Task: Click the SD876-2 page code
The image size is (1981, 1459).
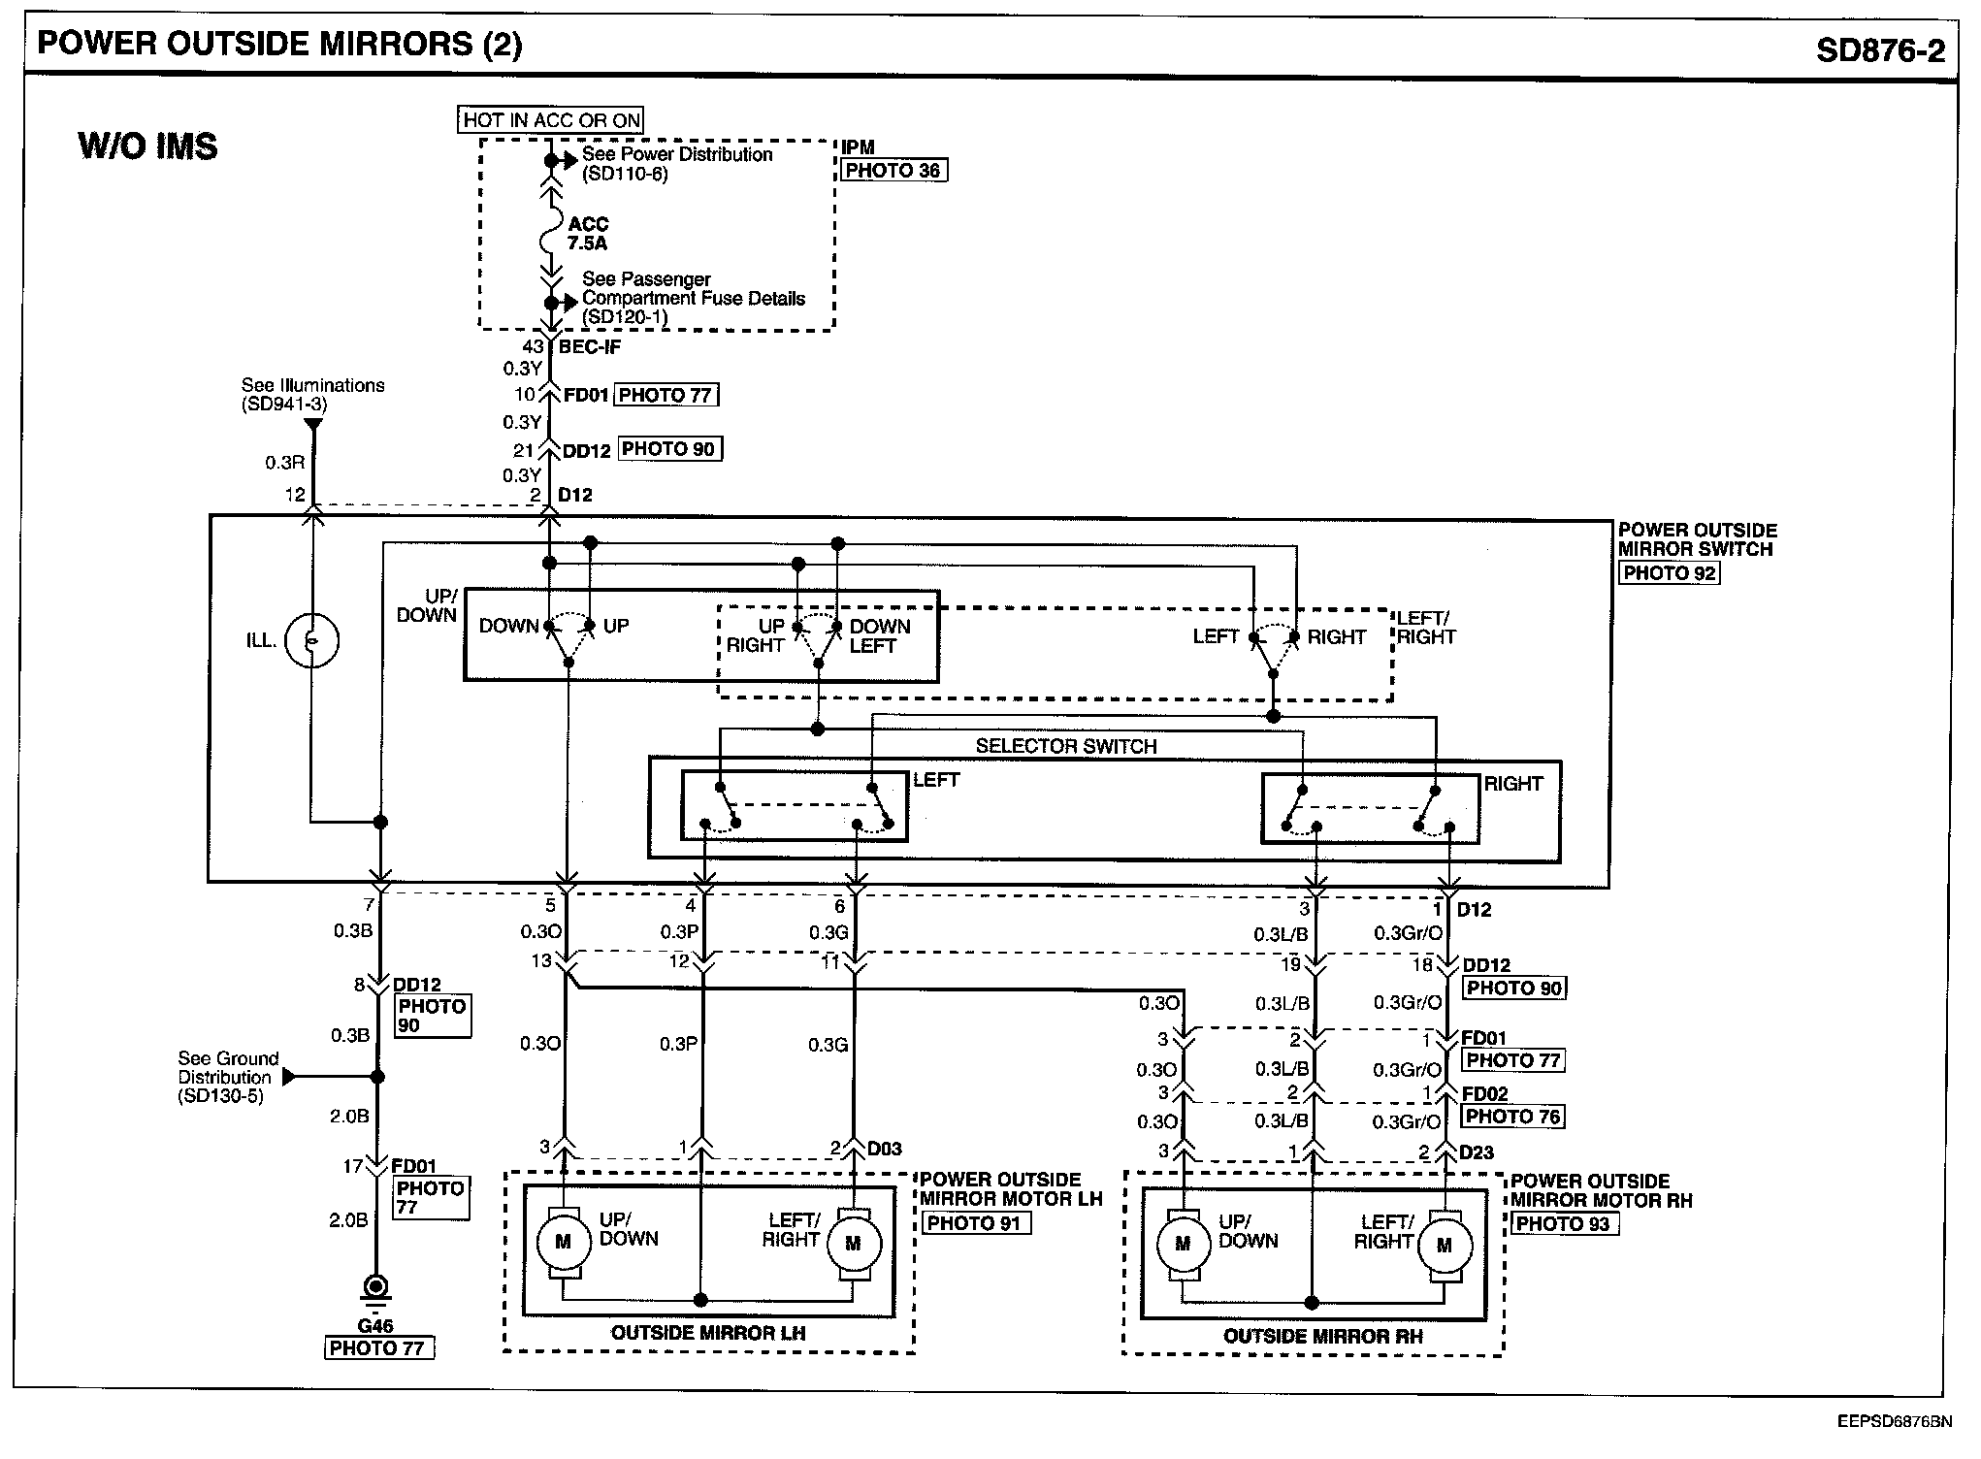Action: (1880, 49)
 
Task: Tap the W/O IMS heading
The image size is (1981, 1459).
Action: (147, 146)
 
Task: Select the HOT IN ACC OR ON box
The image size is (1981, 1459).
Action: (551, 120)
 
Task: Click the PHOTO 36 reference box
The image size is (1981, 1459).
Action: (893, 171)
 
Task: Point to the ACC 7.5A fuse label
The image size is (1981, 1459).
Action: (588, 234)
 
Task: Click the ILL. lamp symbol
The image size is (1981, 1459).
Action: (312, 640)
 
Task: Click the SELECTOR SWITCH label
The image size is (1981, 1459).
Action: (1066, 746)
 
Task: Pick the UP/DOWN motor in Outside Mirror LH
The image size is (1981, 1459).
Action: (562, 1243)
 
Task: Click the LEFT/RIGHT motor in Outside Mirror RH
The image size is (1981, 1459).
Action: (1444, 1246)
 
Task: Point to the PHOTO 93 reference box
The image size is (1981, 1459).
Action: (1563, 1224)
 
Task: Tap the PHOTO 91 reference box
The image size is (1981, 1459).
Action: (974, 1223)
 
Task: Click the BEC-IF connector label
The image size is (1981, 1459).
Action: (590, 346)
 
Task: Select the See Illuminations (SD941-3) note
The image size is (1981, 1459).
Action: (312, 395)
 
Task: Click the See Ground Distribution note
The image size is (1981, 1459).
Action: (228, 1078)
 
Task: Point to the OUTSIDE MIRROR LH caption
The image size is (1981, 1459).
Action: (708, 1333)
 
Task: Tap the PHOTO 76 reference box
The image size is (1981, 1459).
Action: (1512, 1117)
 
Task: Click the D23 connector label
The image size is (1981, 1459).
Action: (1477, 1152)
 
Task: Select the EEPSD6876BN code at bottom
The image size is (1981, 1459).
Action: (1894, 1422)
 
